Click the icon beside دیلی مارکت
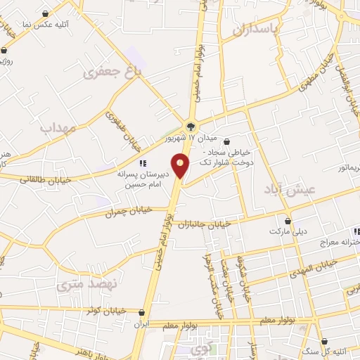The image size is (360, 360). tap(288, 220)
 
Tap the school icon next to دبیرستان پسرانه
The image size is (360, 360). tap(143, 162)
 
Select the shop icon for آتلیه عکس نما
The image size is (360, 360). tap(46, 13)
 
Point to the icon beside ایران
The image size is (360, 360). tap(142, 313)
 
